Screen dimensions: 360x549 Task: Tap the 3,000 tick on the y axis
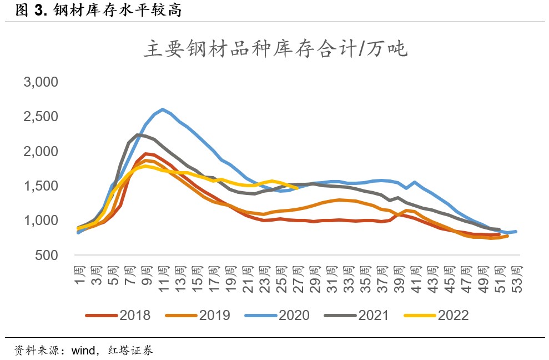(x=41, y=82)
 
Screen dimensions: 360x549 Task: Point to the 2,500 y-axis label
(x=41, y=117)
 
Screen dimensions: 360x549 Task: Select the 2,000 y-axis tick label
(x=41, y=151)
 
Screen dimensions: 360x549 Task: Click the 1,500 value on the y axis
(x=41, y=186)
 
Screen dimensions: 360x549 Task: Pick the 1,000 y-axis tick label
(x=41, y=221)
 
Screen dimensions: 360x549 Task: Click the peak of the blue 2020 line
(x=162, y=109)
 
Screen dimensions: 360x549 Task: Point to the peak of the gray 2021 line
(x=137, y=135)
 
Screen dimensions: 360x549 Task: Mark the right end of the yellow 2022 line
(x=298, y=188)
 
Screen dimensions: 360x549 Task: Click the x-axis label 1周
(x=79, y=274)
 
